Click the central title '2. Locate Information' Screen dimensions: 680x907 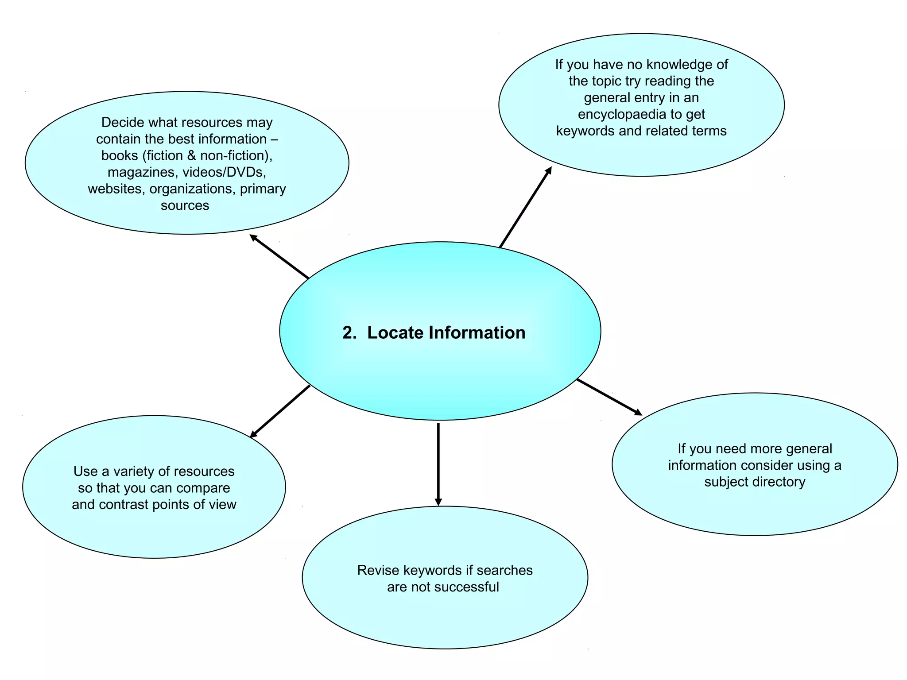pyautogui.click(x=434, y=333)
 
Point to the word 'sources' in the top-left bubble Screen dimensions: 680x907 pyautogui.click(x=185, y=205)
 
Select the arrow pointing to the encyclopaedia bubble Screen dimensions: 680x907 pyautogui.click(x=526, y=207)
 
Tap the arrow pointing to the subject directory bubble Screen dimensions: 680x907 pyautogui.click(x=609, y=398)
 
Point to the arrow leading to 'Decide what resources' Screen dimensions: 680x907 pyautogui.click(x=279, y=256)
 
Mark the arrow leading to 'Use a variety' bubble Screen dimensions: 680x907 pyautogui.click(x=280, y=411)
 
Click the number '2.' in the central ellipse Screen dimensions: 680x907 pyautogui.click(x=349, y=333)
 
